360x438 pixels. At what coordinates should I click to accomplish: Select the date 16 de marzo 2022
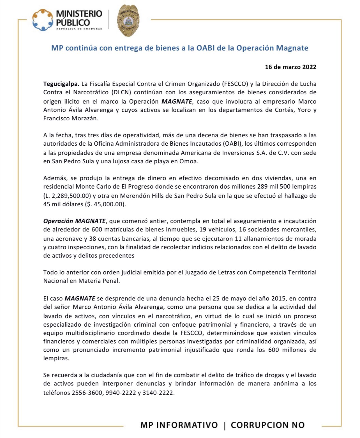pyautogui.click(x=290, y=67)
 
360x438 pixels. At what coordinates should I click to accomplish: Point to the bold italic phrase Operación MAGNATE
pyautogui.click(x=75, y=221)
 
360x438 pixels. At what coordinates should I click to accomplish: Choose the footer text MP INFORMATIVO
pyautogui.click(x=179, y=425)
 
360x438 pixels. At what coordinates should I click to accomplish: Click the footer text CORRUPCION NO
pyautogui.click(x=267, y=425)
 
